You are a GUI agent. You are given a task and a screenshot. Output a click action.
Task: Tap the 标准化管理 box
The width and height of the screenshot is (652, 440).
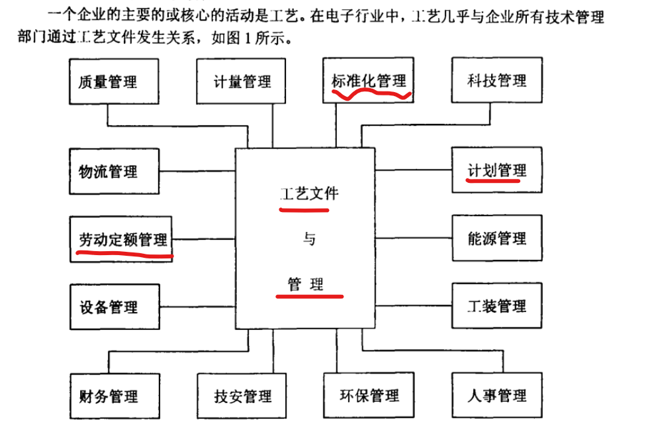click(369, 80)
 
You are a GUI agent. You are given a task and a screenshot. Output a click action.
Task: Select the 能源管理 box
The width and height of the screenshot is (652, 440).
click(496, 238)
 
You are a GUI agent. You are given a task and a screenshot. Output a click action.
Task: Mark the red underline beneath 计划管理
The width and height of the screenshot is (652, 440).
click(492, 180)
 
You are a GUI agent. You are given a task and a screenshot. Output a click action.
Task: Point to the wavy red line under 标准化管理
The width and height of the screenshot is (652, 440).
click(371, 93)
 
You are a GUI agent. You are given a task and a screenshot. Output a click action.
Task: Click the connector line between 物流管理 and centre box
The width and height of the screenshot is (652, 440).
click(198, 172)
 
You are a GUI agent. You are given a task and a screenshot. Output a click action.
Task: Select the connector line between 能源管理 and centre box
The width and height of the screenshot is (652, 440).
click(414, 238)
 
